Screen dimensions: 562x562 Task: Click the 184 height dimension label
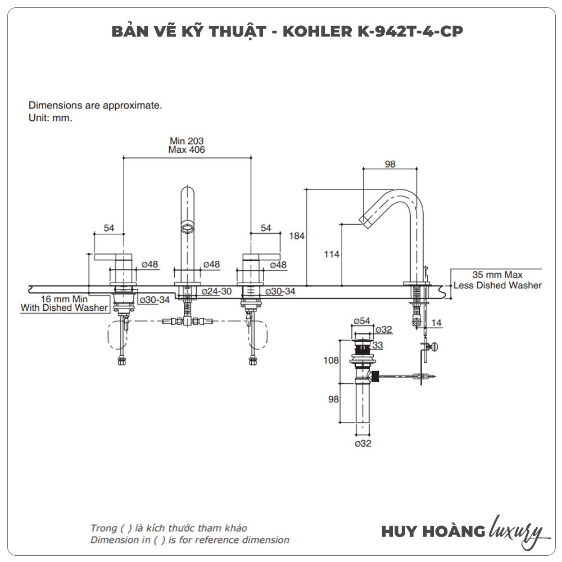pos(297,236)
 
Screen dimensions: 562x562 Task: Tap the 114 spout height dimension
pos(332,255)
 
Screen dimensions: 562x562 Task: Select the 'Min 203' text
pos(187,141)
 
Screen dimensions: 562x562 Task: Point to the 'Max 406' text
pos(187,149)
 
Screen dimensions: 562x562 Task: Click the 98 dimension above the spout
pos(390,164)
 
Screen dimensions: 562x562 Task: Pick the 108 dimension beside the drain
pos(331,360)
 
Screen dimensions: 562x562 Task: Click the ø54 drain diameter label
pos(362,321)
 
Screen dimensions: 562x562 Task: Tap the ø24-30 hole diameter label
pos(216,291)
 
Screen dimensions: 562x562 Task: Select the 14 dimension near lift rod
pos(436,323)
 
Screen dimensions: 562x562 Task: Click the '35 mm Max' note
pos(497,275)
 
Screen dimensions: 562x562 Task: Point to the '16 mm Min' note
pos(64,299)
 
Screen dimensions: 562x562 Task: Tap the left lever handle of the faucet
pos(112,257)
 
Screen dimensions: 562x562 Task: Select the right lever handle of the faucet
pos(262,257)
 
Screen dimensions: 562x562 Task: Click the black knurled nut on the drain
pos(374,377)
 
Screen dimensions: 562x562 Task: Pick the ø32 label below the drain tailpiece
pos(363,443)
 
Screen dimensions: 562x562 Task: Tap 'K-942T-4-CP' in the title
pos(410,31)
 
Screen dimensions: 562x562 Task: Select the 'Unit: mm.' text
pos(51,117)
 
